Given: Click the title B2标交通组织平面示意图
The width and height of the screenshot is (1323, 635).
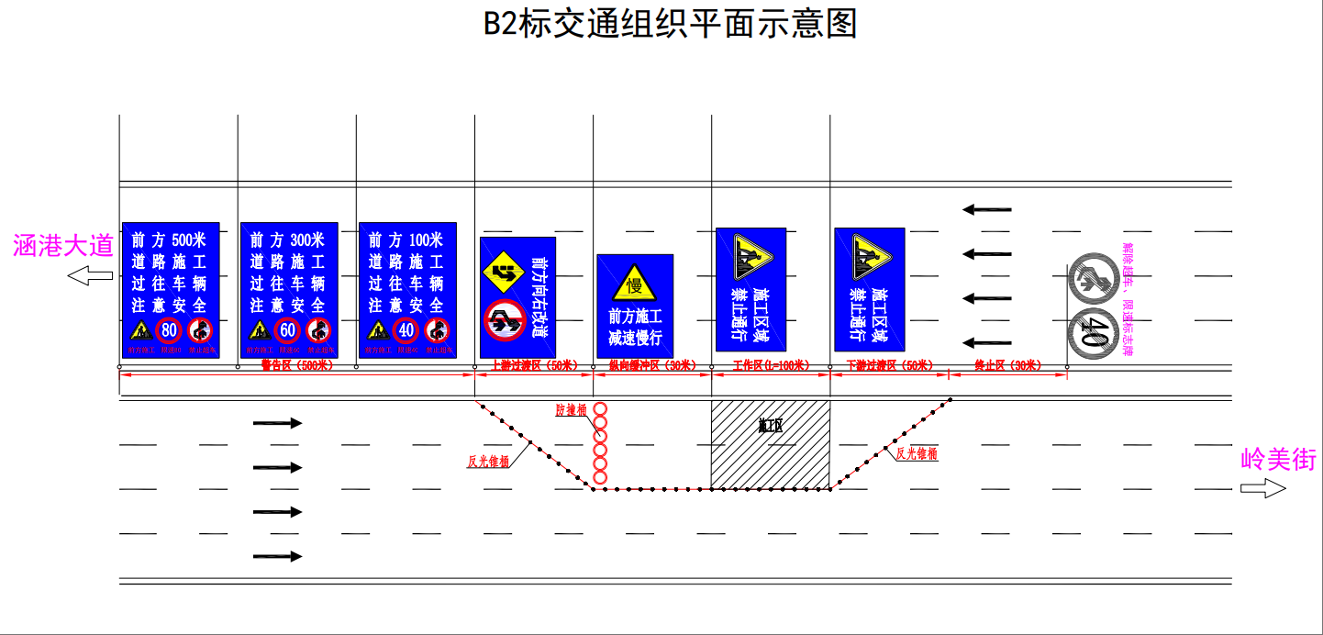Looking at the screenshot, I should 670,24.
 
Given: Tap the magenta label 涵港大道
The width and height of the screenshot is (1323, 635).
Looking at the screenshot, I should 63,245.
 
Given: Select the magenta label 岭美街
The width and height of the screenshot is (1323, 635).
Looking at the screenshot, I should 1278,459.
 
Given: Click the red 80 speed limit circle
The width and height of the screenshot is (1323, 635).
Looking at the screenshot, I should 169,329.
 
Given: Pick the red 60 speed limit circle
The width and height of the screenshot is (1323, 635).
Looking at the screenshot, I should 287,329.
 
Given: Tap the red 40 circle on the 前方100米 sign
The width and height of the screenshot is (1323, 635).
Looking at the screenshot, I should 406,329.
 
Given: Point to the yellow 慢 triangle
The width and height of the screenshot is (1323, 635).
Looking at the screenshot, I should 634,284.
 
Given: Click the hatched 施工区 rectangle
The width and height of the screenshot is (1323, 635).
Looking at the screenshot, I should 771,444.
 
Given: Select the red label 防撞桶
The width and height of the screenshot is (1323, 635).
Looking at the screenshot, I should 571,410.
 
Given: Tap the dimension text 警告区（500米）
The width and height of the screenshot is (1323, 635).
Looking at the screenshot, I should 296,365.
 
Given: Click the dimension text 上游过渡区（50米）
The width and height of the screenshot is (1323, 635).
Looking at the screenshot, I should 533,365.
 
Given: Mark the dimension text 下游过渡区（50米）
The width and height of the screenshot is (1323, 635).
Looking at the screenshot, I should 888,365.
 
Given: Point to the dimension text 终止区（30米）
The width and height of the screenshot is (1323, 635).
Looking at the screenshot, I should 1006,365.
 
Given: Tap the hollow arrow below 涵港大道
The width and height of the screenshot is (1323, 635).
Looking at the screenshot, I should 89,275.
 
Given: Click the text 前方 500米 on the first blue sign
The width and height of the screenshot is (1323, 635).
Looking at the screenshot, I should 170,240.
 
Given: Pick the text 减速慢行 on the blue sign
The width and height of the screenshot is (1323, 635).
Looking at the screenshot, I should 635,338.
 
